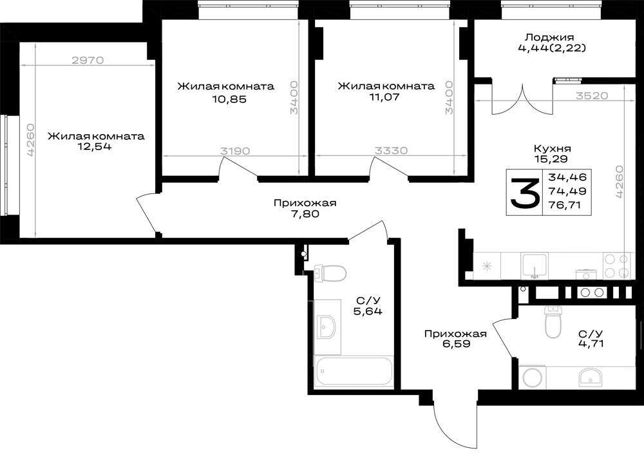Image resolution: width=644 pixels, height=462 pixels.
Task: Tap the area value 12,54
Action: (96, 146)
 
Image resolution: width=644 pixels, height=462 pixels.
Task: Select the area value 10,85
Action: (230, 99)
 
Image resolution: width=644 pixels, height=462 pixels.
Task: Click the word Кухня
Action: (552, 148)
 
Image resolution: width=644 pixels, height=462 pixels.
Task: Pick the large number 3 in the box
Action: (524, 193)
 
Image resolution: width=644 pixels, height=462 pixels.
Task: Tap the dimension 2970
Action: (88, 60)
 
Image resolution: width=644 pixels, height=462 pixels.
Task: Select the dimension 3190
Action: (235, 151)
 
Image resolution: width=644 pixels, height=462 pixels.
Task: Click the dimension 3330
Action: (391, 150)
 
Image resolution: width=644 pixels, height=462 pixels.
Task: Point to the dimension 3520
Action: (592, 96)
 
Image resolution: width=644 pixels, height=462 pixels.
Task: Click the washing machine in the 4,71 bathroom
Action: (533, 377)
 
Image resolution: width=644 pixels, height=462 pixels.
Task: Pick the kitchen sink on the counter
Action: (535, 266)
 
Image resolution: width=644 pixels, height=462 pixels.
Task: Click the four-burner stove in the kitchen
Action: (616, 266)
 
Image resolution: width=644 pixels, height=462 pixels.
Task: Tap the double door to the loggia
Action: (523, 99)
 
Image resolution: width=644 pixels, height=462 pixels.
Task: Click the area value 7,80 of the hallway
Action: (305, 213)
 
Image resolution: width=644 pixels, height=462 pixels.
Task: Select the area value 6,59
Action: (456, 344)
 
